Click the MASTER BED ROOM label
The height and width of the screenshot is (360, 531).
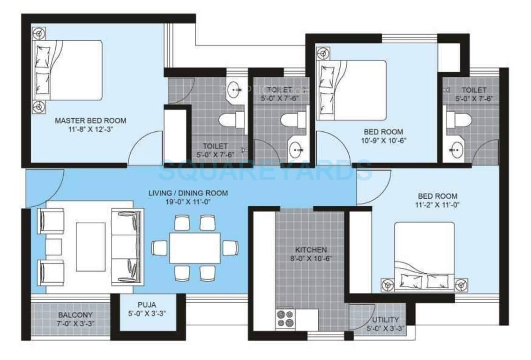click(x=90, y=120)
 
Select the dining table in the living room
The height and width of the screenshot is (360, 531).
click(x=194, y=247)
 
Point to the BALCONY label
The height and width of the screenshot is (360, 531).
click(x=75, y=315)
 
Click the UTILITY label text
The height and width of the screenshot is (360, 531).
click(x=385, y=320)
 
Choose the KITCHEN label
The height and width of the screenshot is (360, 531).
click(x=311, y=250)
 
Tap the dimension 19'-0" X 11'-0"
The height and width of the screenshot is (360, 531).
click(x=188, y=202)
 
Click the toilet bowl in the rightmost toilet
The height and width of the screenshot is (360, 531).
click(x=457, y=119)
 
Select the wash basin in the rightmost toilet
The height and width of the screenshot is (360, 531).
click(x=454, y=150)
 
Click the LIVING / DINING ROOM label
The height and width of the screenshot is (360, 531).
click(x=188, y=193)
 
